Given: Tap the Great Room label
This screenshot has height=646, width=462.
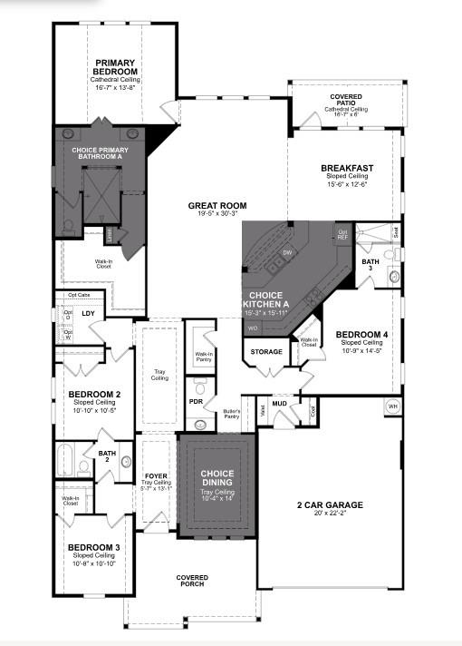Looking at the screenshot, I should point(217,206).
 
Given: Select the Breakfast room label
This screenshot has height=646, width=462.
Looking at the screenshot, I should point(346,168).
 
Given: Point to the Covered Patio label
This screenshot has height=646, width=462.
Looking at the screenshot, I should point(345,98).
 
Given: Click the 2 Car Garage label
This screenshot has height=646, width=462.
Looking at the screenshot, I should point(330,505).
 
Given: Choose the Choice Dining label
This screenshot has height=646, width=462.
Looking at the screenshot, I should point(217,478).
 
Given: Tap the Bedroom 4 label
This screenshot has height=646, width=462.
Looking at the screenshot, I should point(361,335).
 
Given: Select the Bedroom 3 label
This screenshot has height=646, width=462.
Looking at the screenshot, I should point(93,547).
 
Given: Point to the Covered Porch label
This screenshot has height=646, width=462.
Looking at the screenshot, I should point(191,581).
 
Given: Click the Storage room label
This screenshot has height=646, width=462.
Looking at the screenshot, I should point(266,351).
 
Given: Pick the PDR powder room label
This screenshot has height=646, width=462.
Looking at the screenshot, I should point(196,401).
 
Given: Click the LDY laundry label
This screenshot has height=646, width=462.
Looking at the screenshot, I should point(88,314).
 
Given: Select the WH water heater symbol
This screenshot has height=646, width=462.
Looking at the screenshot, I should point(393,406).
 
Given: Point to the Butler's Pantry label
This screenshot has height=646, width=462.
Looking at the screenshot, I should point(231,415).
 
